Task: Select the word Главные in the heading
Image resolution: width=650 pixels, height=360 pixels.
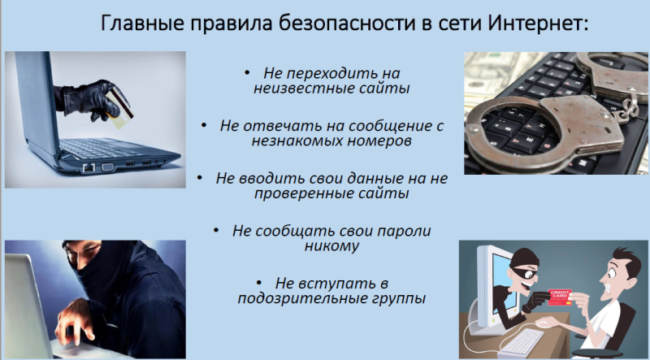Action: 143,24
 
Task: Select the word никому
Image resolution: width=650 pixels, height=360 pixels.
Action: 331,246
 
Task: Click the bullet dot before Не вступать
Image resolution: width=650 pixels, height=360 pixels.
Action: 259,284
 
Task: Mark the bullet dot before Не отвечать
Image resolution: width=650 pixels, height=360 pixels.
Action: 204,125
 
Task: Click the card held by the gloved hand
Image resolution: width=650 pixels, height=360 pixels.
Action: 119,107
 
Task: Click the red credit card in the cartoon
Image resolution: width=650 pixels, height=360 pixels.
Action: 560,297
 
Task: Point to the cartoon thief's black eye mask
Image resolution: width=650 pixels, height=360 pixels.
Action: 524,271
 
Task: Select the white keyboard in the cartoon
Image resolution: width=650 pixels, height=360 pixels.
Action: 523,341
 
